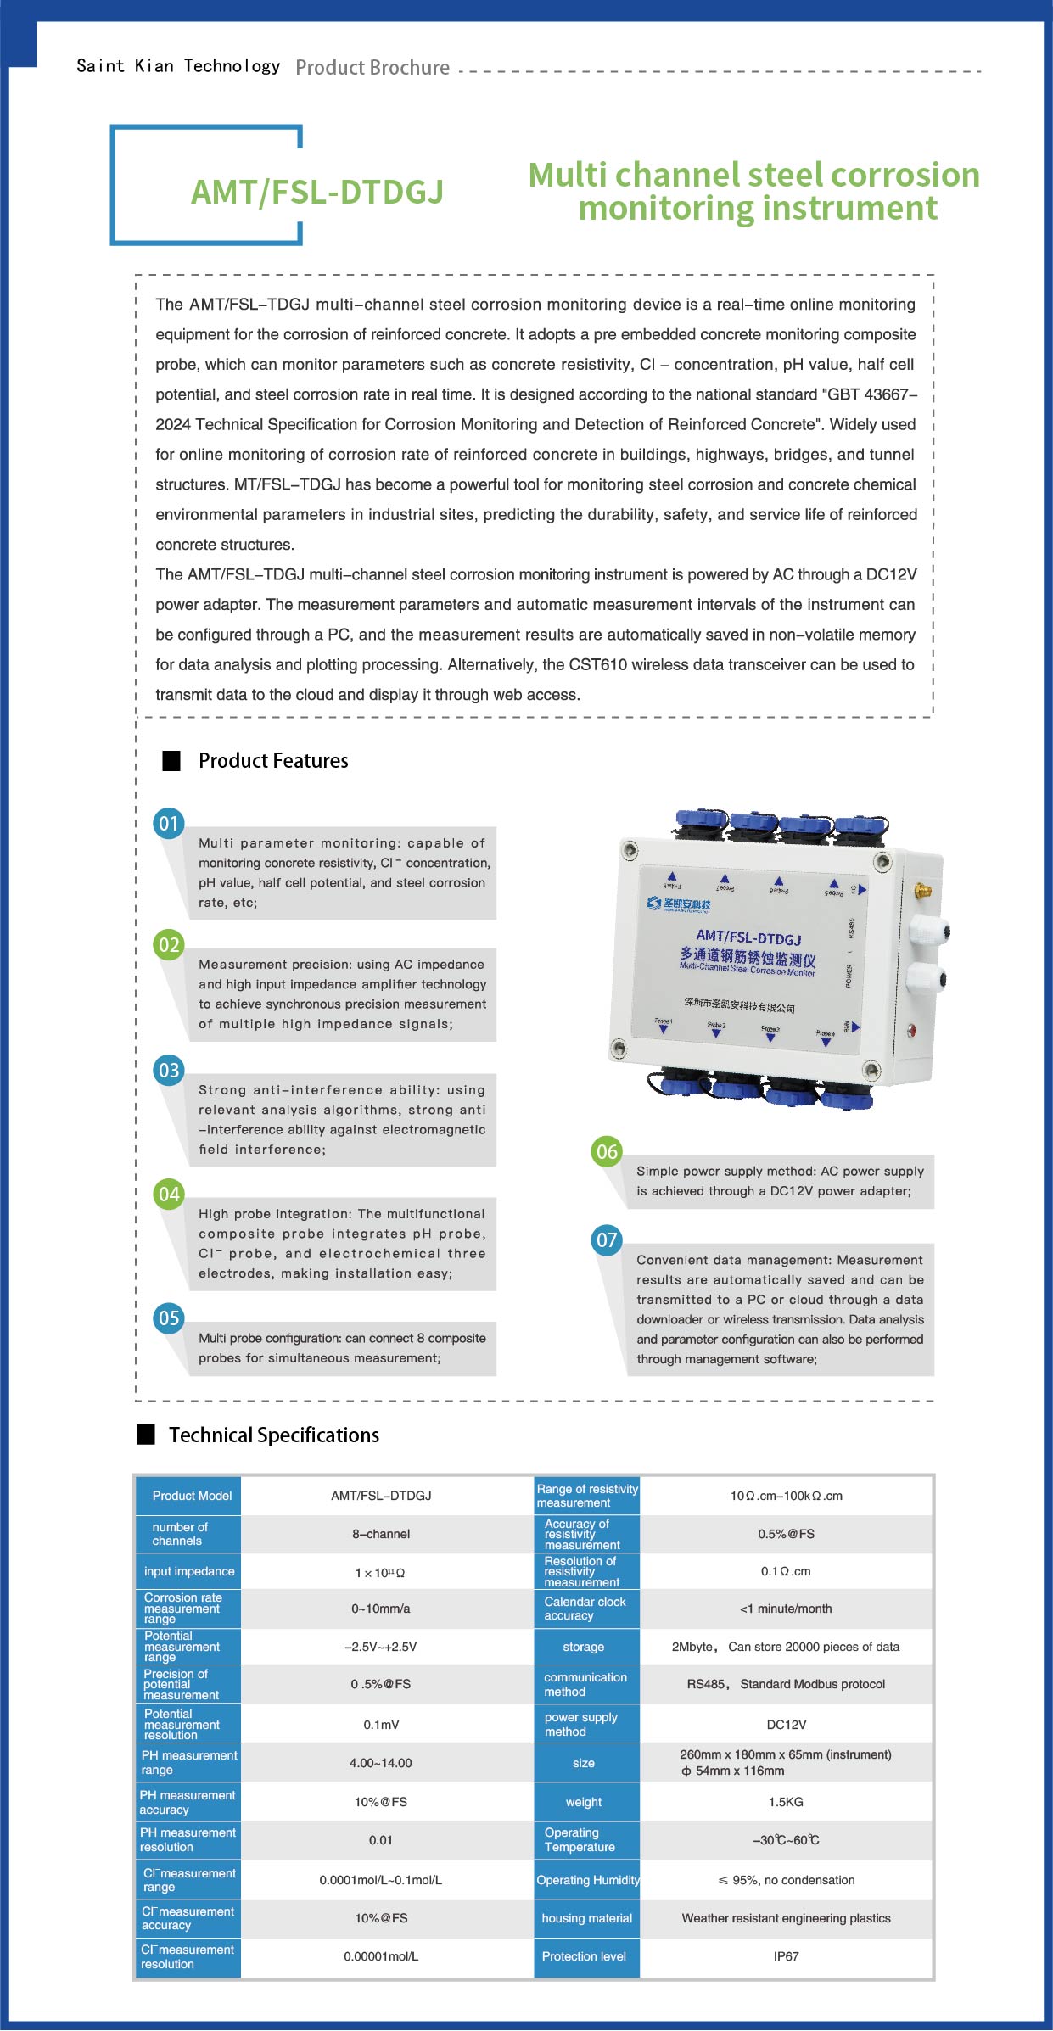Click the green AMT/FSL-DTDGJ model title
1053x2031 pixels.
tap(317, 193)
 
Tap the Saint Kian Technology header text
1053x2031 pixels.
tap(178, 66)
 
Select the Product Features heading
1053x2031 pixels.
tap(273, 761)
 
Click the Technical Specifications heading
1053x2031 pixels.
tap(273, 1435)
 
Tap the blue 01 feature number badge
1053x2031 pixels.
tap(169, 823)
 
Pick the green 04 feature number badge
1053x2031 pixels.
tap(169, 1195)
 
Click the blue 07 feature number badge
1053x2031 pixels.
tap(607, 1240)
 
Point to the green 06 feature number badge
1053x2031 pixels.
tap(607, 1151)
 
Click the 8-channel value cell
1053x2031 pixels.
tap(381, 1534)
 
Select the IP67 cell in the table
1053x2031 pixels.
tap(786, 1956)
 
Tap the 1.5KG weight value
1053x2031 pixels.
tap(786, 1802)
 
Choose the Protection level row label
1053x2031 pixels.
tap(584, 1956)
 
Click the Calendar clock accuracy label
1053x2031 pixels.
tap(585, 1609)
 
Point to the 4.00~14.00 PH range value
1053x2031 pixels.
tap(381, 1763)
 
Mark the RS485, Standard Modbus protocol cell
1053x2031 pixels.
tap(786, 1684)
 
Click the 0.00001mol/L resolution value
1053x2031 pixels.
tap(381, 1956)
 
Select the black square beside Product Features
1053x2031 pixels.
tap(171, 761)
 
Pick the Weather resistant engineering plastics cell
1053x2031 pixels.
tap(786, 1918)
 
